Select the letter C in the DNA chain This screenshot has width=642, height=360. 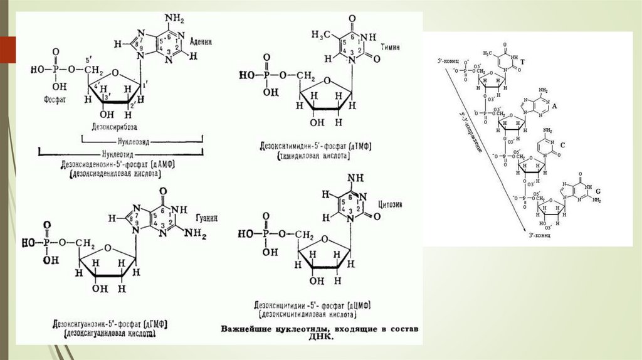click(562, 145)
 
